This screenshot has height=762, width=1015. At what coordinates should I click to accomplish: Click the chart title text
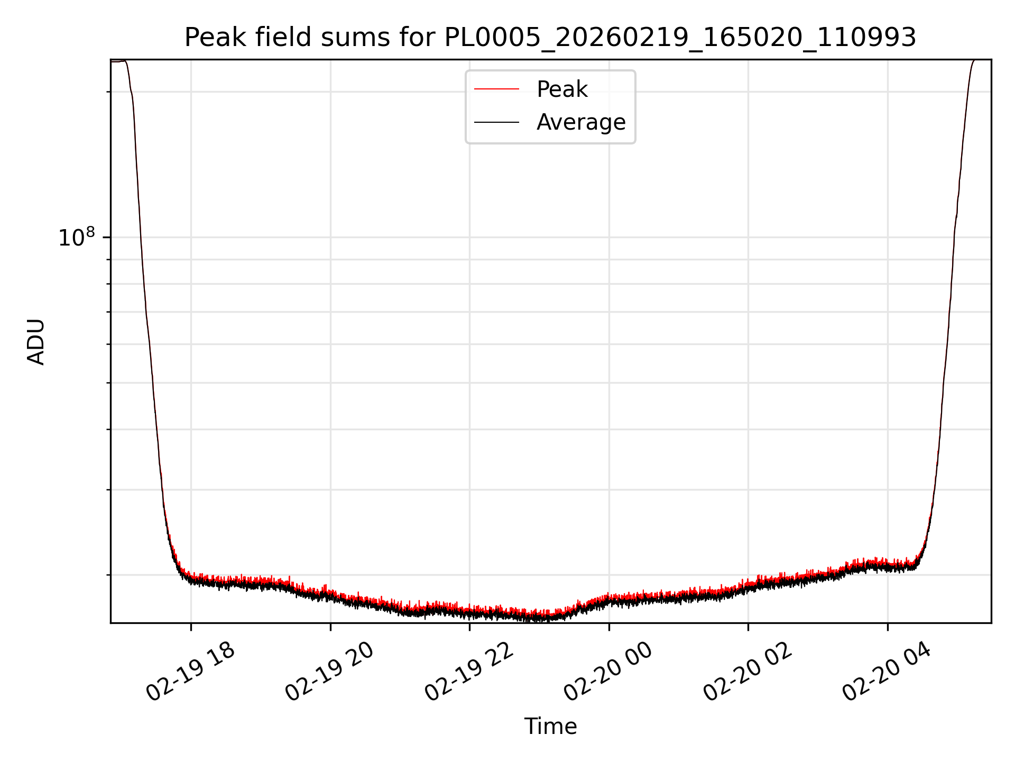[x=550, y=38]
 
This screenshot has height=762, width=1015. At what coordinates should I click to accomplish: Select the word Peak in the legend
[x=562, y=89]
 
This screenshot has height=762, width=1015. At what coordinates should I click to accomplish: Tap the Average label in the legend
[x=580, y=122]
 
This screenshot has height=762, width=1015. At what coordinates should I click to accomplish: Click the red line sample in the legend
[x=496, y=89]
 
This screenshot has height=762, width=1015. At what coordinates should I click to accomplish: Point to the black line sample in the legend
[x=496, y=122]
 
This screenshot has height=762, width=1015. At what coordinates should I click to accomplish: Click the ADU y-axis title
[x=36, y=342]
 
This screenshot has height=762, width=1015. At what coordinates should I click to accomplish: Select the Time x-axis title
[x=550, y=727]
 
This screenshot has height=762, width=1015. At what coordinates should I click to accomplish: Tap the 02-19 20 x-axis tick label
[x=330, y=672]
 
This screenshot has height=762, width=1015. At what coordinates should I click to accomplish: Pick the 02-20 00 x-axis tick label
[x=609, y=672]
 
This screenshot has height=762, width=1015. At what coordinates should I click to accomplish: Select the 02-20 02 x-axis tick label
[x=748, y=672]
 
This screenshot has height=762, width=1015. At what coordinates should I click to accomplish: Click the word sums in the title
[x=356, y=38]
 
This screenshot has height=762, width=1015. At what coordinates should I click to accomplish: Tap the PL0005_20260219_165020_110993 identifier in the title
[x=680, y=38]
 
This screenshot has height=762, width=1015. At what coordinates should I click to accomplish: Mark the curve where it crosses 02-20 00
[x=609, y=599]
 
